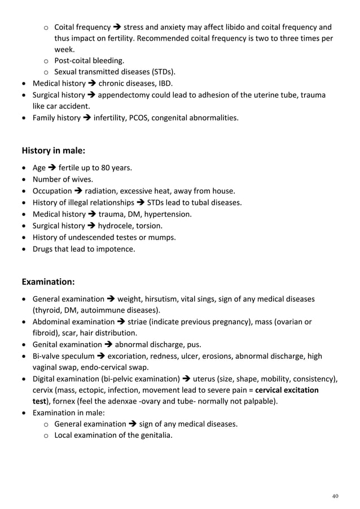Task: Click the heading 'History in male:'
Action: click(x=54, y=151)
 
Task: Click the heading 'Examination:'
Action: click(x=48, y=281)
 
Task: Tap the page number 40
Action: click(x=335, y=496)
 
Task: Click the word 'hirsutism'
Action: click(x=163, y=299)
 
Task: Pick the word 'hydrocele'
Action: click(x=115, y=226)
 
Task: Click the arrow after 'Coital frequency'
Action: click(x=117, y=27)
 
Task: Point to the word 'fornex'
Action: click(x=80, y=401)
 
